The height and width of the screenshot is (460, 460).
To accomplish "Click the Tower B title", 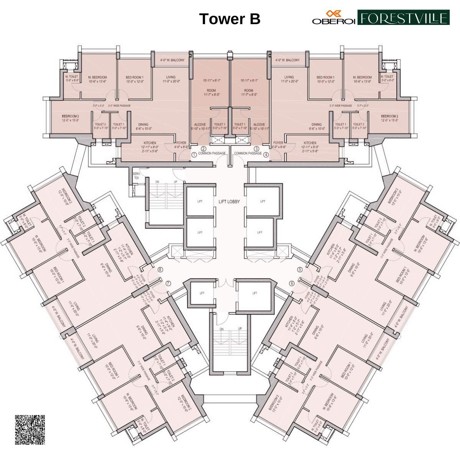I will (x=230, y=19).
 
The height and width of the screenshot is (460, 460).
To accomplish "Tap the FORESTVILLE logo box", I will (x=403, y=18).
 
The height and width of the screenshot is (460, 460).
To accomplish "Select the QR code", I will (x=30, y=430).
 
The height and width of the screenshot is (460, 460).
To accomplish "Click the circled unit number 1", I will (x=194, y=154).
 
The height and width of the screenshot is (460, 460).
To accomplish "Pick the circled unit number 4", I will (x=266, y=154).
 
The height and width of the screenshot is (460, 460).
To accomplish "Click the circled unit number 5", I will (x=300, y=269).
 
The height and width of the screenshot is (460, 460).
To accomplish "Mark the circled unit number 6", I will (x=292, y=283).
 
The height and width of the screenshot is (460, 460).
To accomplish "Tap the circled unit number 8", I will (x=160, y=269).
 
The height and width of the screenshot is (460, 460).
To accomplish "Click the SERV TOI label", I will (x=136, y=176).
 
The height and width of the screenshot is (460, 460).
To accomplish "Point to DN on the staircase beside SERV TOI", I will (x=157, y=181).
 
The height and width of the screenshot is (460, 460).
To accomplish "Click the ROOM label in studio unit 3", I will (x=249, y=90).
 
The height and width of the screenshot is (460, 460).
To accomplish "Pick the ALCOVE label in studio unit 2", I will (x=200, y=125).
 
